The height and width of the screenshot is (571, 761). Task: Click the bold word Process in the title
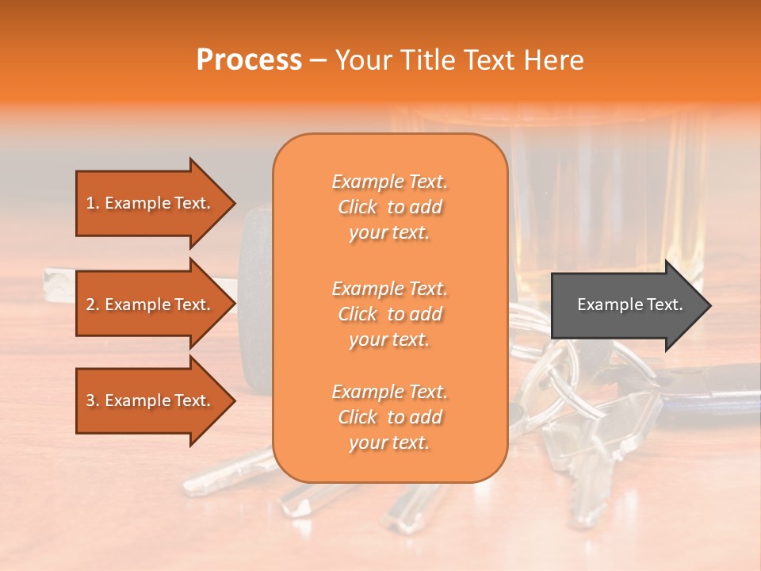click(249, 60)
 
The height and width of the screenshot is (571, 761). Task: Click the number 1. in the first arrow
click(93, 203)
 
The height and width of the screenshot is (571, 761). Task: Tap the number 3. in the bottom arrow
click(93, 400)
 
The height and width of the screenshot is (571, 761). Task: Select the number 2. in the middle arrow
click(93, 305)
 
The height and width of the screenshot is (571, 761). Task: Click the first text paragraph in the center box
click(389, 207)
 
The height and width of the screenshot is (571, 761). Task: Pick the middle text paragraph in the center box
click(389, 314)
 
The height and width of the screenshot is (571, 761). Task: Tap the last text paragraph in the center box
click(389, 417)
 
